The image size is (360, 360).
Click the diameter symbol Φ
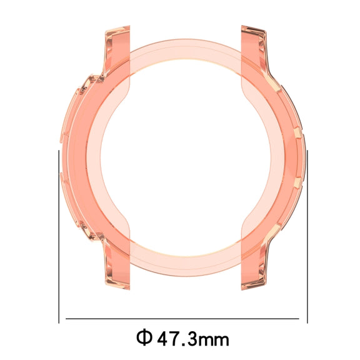pos(144,337)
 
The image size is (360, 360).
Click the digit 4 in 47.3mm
pos(164,338)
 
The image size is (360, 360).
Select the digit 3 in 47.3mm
pos(192,338)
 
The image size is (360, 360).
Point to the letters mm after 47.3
pos(214,340)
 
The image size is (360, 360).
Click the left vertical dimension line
pos(59,237)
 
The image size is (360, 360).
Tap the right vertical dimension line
pos(307,237)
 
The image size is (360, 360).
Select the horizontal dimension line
pos(182,319)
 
